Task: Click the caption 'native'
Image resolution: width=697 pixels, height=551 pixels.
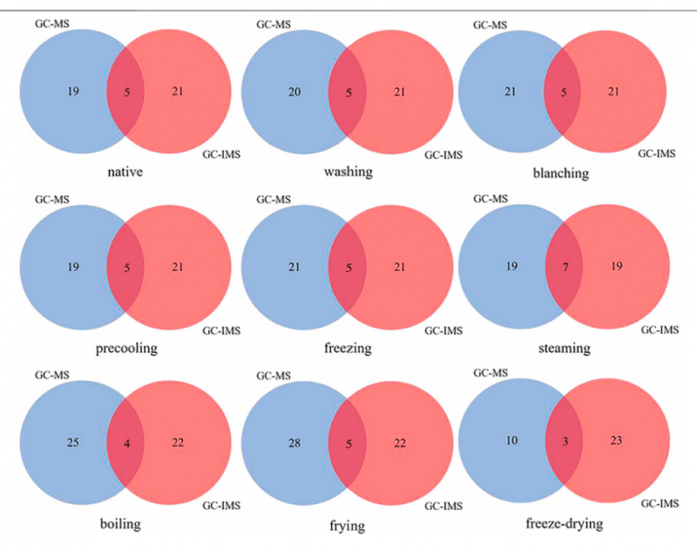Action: (125, 172)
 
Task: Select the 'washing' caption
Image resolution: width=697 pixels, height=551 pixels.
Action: (348, 172)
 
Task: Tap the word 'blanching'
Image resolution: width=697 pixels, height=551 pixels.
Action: (561, 173)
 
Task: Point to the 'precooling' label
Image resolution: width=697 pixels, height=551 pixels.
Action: (126, 348)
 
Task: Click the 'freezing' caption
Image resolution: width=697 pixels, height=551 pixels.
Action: (348, 348)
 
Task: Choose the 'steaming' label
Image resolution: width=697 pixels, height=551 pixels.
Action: (565, 348)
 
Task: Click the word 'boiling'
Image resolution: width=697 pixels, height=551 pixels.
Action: (120, 524)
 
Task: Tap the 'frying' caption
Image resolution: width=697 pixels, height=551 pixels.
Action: (347, 526)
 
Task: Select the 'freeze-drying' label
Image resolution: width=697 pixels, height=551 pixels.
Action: (565, 523)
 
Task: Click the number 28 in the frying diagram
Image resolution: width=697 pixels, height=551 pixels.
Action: (294, 443)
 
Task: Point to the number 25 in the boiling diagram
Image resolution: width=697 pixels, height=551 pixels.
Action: (73, 443)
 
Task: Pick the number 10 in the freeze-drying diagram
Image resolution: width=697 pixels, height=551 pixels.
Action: (511, 440)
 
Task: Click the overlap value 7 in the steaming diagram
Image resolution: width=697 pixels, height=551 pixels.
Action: (565, 268)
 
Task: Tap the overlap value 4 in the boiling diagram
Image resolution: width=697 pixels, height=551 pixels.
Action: (126, 444)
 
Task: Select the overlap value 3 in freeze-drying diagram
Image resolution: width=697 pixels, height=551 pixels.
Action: (565, 442)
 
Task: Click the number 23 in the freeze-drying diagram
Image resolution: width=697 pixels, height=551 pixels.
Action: (616, 440)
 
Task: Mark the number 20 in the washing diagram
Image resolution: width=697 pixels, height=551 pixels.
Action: (294, 92)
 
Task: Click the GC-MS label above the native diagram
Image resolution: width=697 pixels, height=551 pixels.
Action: (52, 24)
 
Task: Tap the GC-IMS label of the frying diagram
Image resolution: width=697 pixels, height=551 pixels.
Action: (443, 506)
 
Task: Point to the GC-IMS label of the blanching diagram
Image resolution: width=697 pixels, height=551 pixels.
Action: (657, 153)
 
